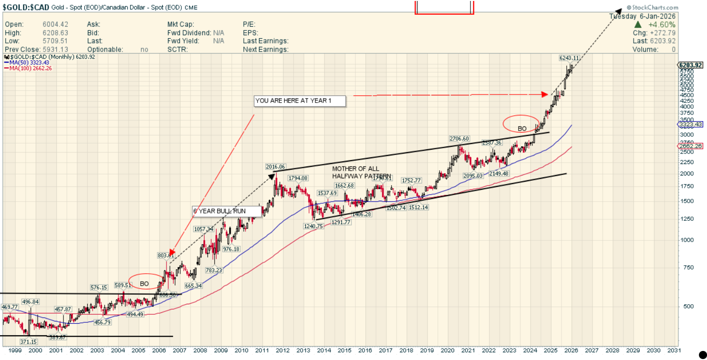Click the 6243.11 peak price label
569,58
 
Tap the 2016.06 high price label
275,167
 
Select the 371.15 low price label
29,341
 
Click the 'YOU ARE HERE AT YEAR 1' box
299,101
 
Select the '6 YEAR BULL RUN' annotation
227,211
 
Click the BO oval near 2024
521,123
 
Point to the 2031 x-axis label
674,350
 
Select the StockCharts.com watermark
652,8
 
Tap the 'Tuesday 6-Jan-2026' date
642,16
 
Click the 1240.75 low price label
313,226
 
